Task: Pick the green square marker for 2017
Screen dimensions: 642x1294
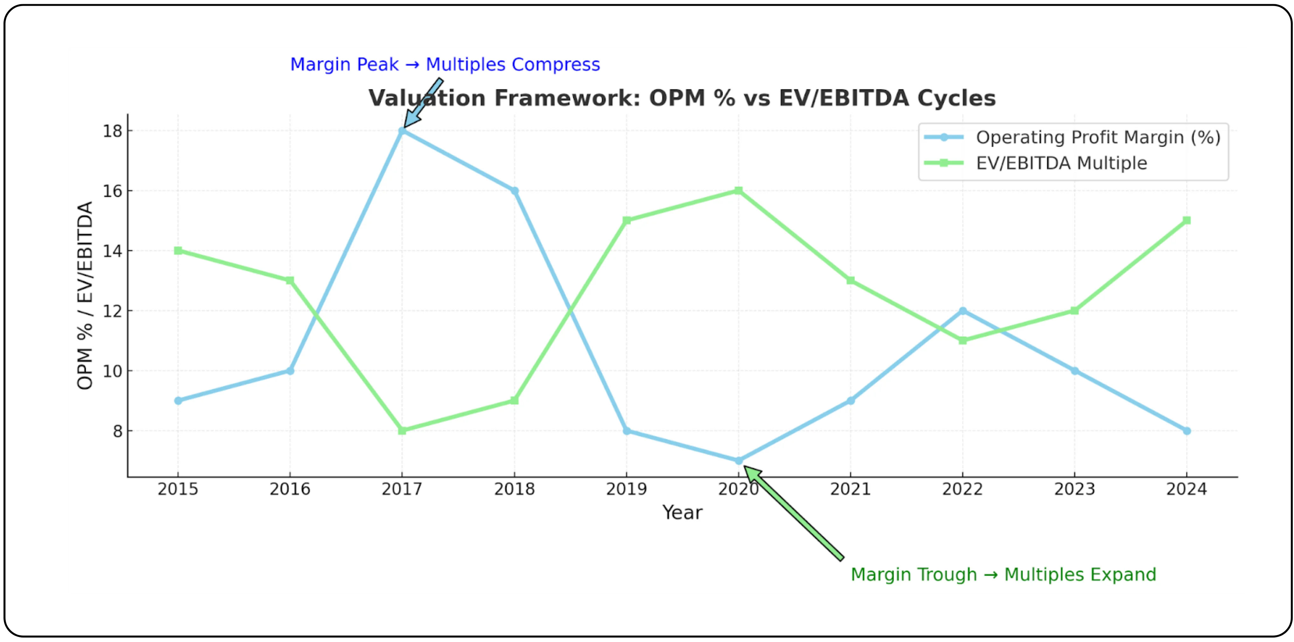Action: [402, 431]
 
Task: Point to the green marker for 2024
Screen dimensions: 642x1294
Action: [1186, 221]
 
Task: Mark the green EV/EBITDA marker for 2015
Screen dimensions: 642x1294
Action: [178, 251]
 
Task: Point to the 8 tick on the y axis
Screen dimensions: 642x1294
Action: [117, 431]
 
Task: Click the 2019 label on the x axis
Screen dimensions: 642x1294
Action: [626, 489]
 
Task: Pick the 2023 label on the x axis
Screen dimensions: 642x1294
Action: [1074, 489]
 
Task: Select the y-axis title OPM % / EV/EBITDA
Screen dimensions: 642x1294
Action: [85, 295]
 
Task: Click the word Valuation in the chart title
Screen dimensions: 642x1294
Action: [427, 98]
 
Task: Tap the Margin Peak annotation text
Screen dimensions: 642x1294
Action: [444, 64]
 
